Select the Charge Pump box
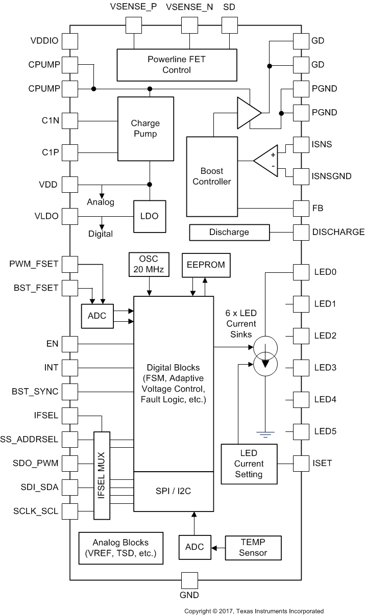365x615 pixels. (x=145, y=129)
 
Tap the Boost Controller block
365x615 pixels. (x=212, y=176)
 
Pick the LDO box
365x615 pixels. (x=149, y=216)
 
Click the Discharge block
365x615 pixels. (x=229, y=232)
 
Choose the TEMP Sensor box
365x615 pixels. (x=253, y=547)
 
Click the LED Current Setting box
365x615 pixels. (x=249, y=464)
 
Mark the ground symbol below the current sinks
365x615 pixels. (x=265, y=434)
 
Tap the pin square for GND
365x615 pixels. (x=190, y=580)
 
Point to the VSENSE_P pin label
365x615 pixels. (x=133, y=8)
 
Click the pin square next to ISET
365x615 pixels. (x=301, y=463)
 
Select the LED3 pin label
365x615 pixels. (x=325, y=368)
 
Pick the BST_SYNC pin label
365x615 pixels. (x=35, y=392)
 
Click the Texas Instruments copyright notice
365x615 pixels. (x=254, y=610)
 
